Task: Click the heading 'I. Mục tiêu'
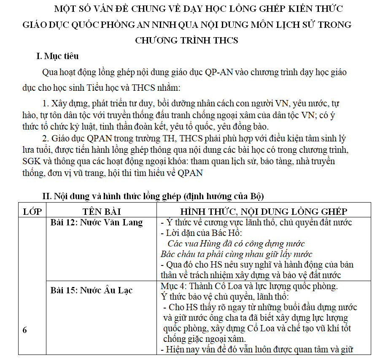(57, 56)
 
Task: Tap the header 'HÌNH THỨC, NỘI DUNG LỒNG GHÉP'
(264, 211)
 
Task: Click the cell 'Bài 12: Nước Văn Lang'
(97, 222)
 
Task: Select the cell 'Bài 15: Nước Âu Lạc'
(92, 290)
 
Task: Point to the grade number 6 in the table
(24, 330)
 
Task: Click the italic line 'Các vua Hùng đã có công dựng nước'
(236, 244)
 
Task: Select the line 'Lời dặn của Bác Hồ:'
(202, 233)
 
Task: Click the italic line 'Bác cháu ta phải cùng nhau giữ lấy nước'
(236, 254)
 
